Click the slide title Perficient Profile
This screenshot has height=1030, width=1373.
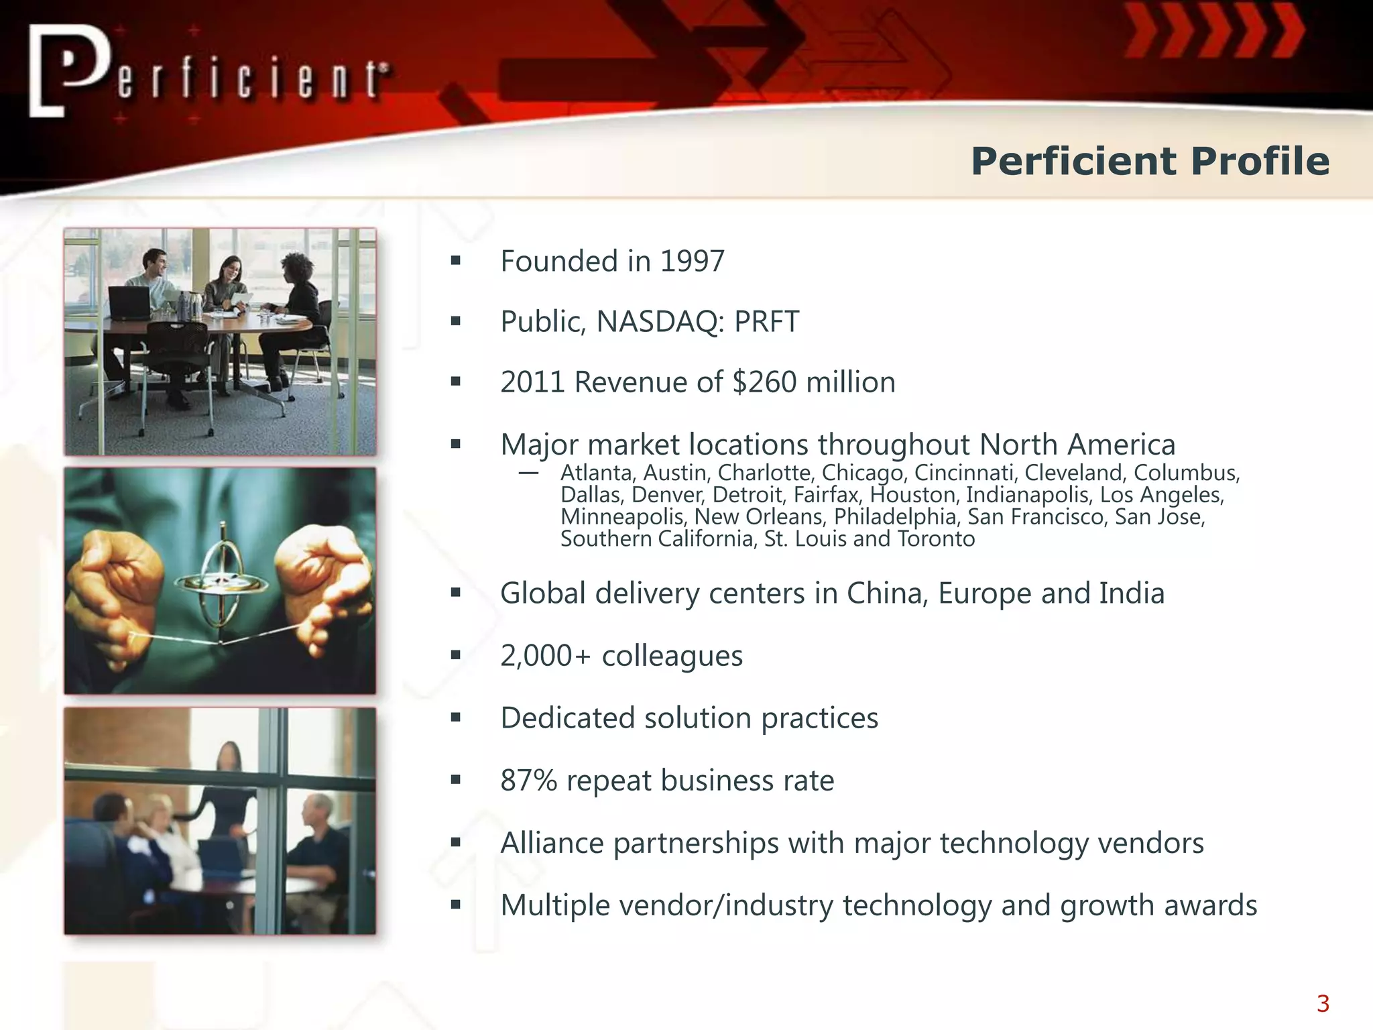coord(1150,162)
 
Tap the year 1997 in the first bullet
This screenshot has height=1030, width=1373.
coord(692,262)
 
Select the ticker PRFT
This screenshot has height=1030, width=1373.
coord(766,322)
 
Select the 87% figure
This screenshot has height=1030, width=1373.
coord(529,781)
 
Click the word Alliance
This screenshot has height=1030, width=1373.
coord(552,843)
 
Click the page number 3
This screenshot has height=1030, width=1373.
coord(1323,1004)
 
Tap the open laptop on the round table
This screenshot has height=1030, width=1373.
coord(129,302)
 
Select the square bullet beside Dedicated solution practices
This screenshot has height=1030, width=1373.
coord(456,718)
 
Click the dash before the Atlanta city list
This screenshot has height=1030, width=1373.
coord(528,473)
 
